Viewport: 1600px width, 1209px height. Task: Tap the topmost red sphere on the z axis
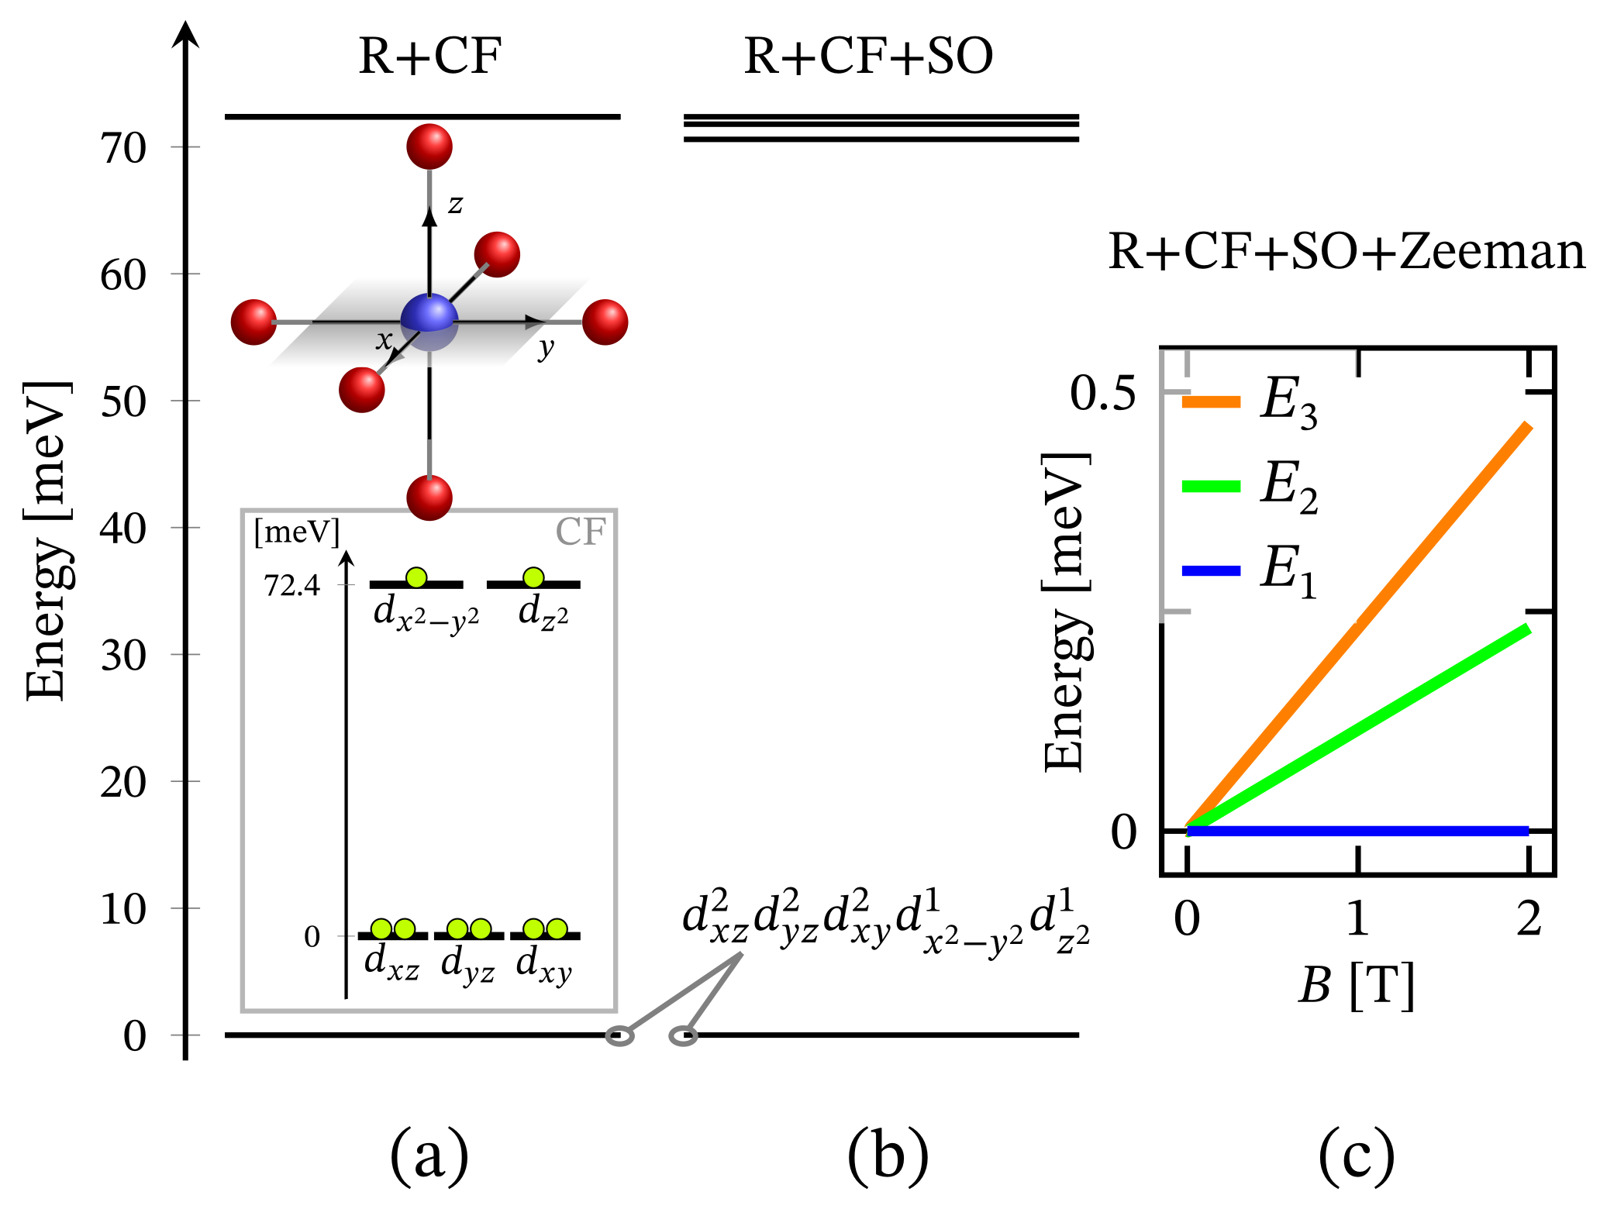(x=429, y=146)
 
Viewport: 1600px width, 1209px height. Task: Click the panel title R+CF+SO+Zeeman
(x=1347, y=252)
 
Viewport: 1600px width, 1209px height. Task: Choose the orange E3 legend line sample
(x=1210, y=401)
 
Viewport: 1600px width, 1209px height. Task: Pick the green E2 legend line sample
(x=1210, y=487)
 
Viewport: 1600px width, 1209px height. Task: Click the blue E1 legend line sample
(x=1210, y=571)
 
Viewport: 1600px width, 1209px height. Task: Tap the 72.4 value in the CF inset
(x=292, y=587)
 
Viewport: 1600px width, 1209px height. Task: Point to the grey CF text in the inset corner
(x=580, y=532)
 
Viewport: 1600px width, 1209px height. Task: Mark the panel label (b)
(x=888, y=1156)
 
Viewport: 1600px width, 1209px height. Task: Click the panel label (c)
(x=1357, y=1156)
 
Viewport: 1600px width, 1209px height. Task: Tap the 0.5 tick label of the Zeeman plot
(x=1102, y=394)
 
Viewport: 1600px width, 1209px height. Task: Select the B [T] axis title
(x=1357, y=986)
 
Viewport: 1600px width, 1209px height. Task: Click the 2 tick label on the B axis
(x=1529, y=920)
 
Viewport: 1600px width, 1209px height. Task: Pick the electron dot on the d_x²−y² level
(x=416, y=577)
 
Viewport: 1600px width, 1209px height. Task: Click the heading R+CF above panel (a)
(x=429, y=57)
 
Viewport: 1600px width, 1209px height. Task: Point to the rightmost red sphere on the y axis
(x=605, y=322)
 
